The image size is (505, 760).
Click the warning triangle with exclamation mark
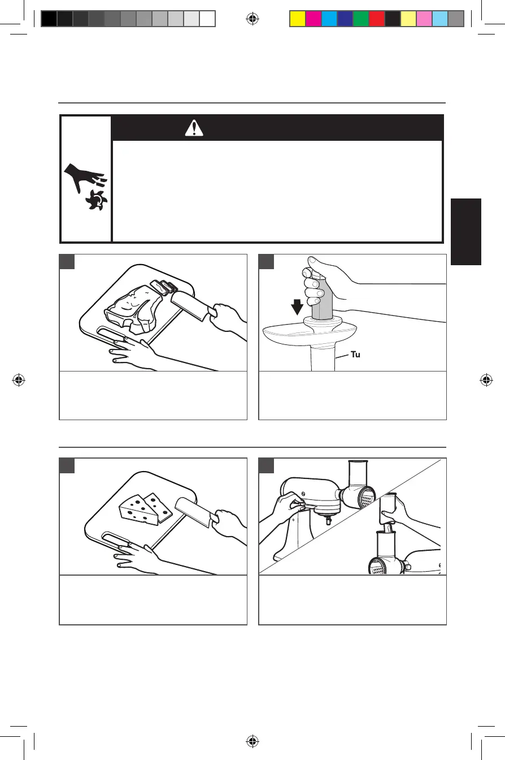(x=194, y=129)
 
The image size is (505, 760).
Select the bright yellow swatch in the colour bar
(x=297, y=19)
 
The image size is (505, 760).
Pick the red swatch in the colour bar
(x=376, y=19)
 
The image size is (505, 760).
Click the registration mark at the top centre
(x=252, y=19)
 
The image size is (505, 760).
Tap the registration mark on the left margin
(x=19, y=380)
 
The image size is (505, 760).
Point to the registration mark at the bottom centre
(x=252, y=741)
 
